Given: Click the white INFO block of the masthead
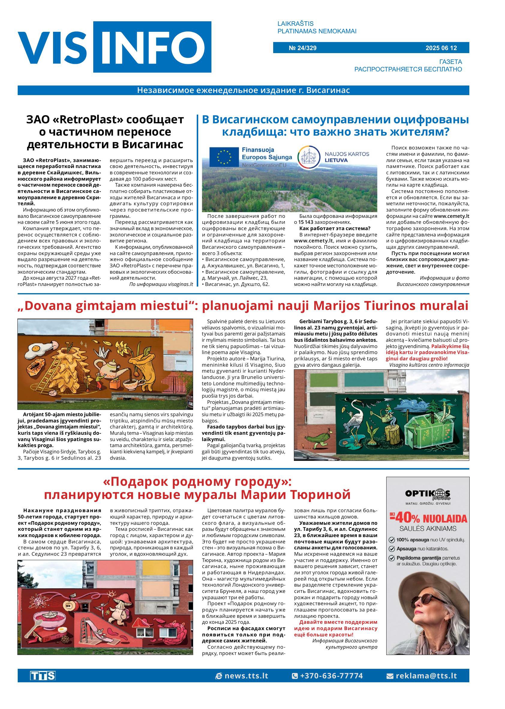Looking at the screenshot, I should pos(152,47).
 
